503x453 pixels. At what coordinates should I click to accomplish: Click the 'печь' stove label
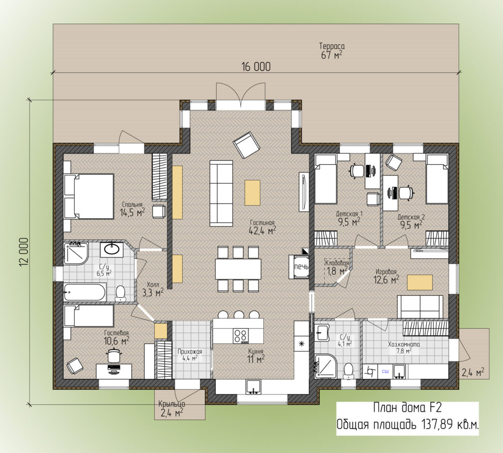tap(301, 267)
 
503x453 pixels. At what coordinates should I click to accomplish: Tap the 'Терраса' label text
tap(331, 46)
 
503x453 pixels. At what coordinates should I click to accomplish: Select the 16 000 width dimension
tap(255, 67)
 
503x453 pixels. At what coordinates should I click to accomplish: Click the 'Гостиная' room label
tap(261, 222)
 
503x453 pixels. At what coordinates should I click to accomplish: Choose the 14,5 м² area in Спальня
tap(132, 213)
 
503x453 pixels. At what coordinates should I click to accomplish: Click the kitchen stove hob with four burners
tap(241, 336)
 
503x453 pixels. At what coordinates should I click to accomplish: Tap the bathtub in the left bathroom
tap(85, 292)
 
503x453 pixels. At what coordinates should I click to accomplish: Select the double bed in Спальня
tap(89, 196)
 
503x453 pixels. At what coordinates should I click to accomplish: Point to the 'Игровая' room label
tap(387, 271)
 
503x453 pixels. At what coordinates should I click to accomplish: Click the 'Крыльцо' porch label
tap(171, 404)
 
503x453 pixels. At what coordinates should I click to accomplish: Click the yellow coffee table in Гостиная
tap(252, 193)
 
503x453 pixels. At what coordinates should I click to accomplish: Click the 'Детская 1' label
tap(349, 215)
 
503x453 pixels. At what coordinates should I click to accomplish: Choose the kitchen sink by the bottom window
tap(254, 387)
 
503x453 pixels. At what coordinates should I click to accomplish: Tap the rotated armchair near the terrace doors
tap(246, 144)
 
